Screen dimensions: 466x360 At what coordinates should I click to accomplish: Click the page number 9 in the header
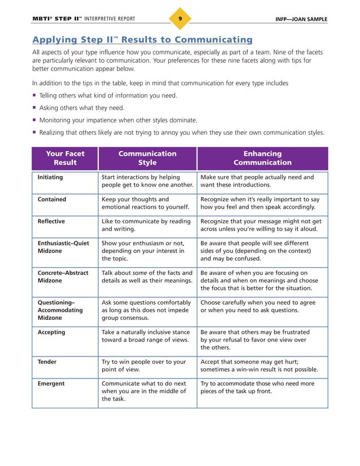click(179, 19)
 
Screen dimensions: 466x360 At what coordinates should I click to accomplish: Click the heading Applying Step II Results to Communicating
click(142, 39)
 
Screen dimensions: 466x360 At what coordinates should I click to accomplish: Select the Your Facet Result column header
click(65, 158)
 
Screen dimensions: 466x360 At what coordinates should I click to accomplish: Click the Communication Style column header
click(147, 158)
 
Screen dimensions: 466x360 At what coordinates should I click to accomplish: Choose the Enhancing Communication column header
click(262, 158)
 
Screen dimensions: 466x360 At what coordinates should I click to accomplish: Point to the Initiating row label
click(50, 177)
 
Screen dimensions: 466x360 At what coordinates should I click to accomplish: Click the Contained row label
click(51, 199)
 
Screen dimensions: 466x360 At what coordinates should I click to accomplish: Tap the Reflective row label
click(51, 221)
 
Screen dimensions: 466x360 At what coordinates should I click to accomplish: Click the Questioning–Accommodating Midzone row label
click(60, 310)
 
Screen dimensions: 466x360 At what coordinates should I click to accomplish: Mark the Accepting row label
click(51, 332)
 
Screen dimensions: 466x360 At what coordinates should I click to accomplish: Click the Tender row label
click(47, 362)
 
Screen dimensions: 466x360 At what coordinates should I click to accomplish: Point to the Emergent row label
click(51, 384)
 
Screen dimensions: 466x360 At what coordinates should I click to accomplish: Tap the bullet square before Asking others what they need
click(34, 108)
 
